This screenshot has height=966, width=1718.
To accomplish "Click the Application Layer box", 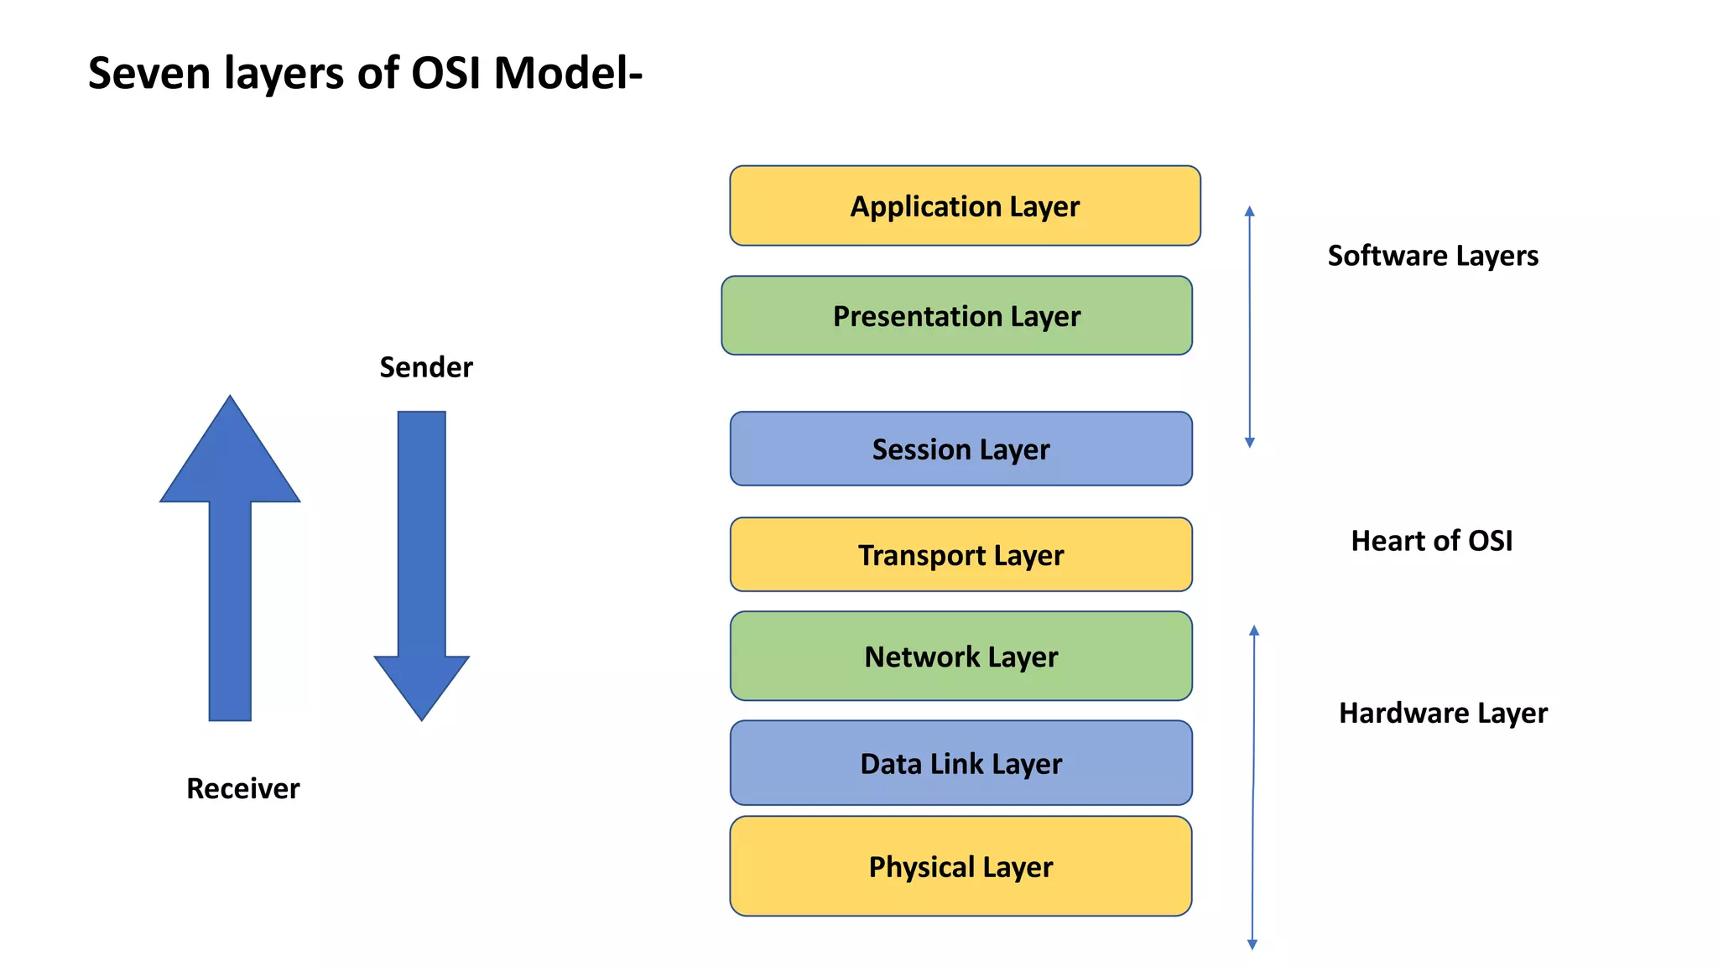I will (965, 205).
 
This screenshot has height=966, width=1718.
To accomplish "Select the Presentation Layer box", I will (956, 316).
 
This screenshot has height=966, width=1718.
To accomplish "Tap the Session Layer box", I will (961, 449).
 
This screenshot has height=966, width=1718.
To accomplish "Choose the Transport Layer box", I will (961, 554).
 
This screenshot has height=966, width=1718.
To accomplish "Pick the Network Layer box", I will (961, 656).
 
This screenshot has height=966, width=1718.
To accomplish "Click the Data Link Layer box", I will (961, 763).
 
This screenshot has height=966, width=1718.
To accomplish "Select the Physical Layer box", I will (961, 866).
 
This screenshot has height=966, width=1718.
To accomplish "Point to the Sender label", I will (426, 367).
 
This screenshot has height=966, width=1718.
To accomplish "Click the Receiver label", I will (242, 788).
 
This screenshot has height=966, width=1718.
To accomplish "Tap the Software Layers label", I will (1433, 256).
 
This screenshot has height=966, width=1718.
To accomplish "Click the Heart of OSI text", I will (1431, 541).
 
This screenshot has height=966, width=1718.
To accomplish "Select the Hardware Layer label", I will (1443, 713).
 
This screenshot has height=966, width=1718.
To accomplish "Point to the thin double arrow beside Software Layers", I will (1250, 327).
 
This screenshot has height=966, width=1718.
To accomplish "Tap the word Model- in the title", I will (568, 74).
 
